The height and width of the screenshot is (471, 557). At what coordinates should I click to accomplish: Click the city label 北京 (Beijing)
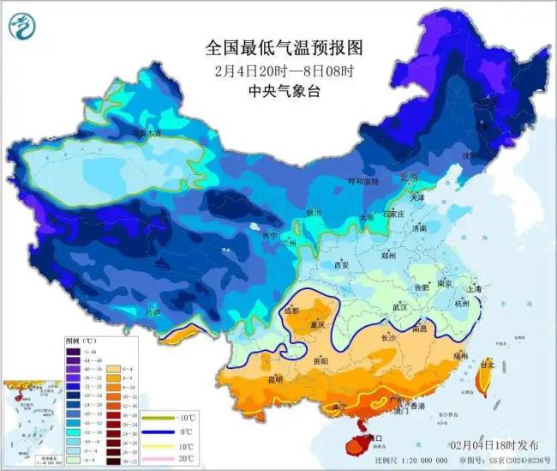[410, 177]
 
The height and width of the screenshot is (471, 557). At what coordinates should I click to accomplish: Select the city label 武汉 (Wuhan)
[399, 307]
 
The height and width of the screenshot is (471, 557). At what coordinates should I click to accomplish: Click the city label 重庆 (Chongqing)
[320, 325]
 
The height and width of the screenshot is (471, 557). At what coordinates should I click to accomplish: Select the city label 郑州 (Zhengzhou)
[388, 255]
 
